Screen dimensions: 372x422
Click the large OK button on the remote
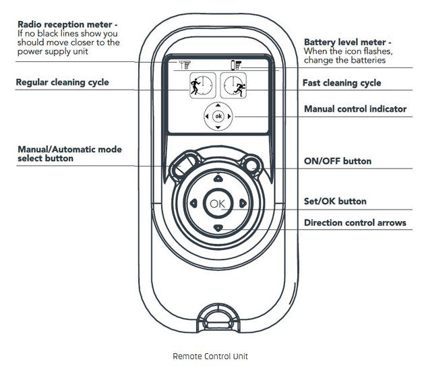point(217,204)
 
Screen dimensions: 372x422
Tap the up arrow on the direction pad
point(217,179)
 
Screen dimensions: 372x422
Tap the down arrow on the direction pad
point(217,228)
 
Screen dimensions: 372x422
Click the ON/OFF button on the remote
point(253,162)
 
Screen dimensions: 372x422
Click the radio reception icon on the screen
point(183,65)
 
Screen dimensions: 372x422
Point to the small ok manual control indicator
point(217,117)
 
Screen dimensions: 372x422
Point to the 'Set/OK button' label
point(335,201)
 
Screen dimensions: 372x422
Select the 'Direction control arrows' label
point(355,222)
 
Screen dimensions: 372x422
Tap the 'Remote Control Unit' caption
point(210,356)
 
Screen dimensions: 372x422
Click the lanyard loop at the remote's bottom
point(217,317)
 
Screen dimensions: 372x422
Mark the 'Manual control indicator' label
point(355,108)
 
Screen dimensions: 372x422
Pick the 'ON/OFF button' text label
point(337,161)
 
